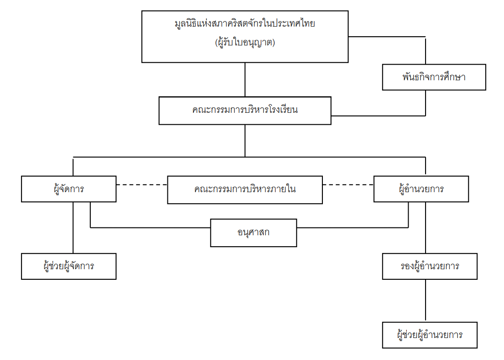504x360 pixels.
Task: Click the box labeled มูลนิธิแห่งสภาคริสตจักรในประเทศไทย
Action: pos(244,37)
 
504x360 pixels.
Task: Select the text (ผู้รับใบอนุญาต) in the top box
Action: pos(245,43)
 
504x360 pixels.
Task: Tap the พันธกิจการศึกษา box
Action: pos(434,77)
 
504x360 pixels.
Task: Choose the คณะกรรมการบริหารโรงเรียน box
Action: pos(245,111)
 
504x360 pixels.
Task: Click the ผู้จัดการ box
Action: pos(69,189)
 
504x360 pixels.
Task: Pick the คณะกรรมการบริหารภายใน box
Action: pos(245,190)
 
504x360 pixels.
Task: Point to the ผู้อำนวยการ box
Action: pos(421,189)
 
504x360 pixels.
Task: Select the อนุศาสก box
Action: pos(254,233)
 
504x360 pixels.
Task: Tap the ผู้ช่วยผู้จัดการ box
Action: pos(69,266)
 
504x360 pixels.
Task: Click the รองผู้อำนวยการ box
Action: pos(430,266)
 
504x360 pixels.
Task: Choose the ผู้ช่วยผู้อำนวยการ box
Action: pos(430,335)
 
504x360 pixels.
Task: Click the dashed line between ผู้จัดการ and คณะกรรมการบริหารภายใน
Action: pos(142,185)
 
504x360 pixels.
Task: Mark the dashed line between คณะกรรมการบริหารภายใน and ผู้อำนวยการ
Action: pos(348,185)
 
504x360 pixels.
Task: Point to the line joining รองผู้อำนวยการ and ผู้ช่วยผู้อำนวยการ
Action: pos(426,301)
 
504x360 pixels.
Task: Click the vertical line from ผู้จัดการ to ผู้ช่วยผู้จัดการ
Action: pos(73,227)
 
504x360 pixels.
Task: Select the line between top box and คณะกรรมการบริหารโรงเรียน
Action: pos(245,80)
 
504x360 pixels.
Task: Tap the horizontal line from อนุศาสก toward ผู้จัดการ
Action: pos(150,227)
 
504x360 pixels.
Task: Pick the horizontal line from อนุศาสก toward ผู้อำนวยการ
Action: pos(353,227)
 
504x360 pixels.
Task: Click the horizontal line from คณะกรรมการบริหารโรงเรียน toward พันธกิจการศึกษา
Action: pos(378,116)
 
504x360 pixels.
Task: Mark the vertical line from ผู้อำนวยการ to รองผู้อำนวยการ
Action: pos(426,227)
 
